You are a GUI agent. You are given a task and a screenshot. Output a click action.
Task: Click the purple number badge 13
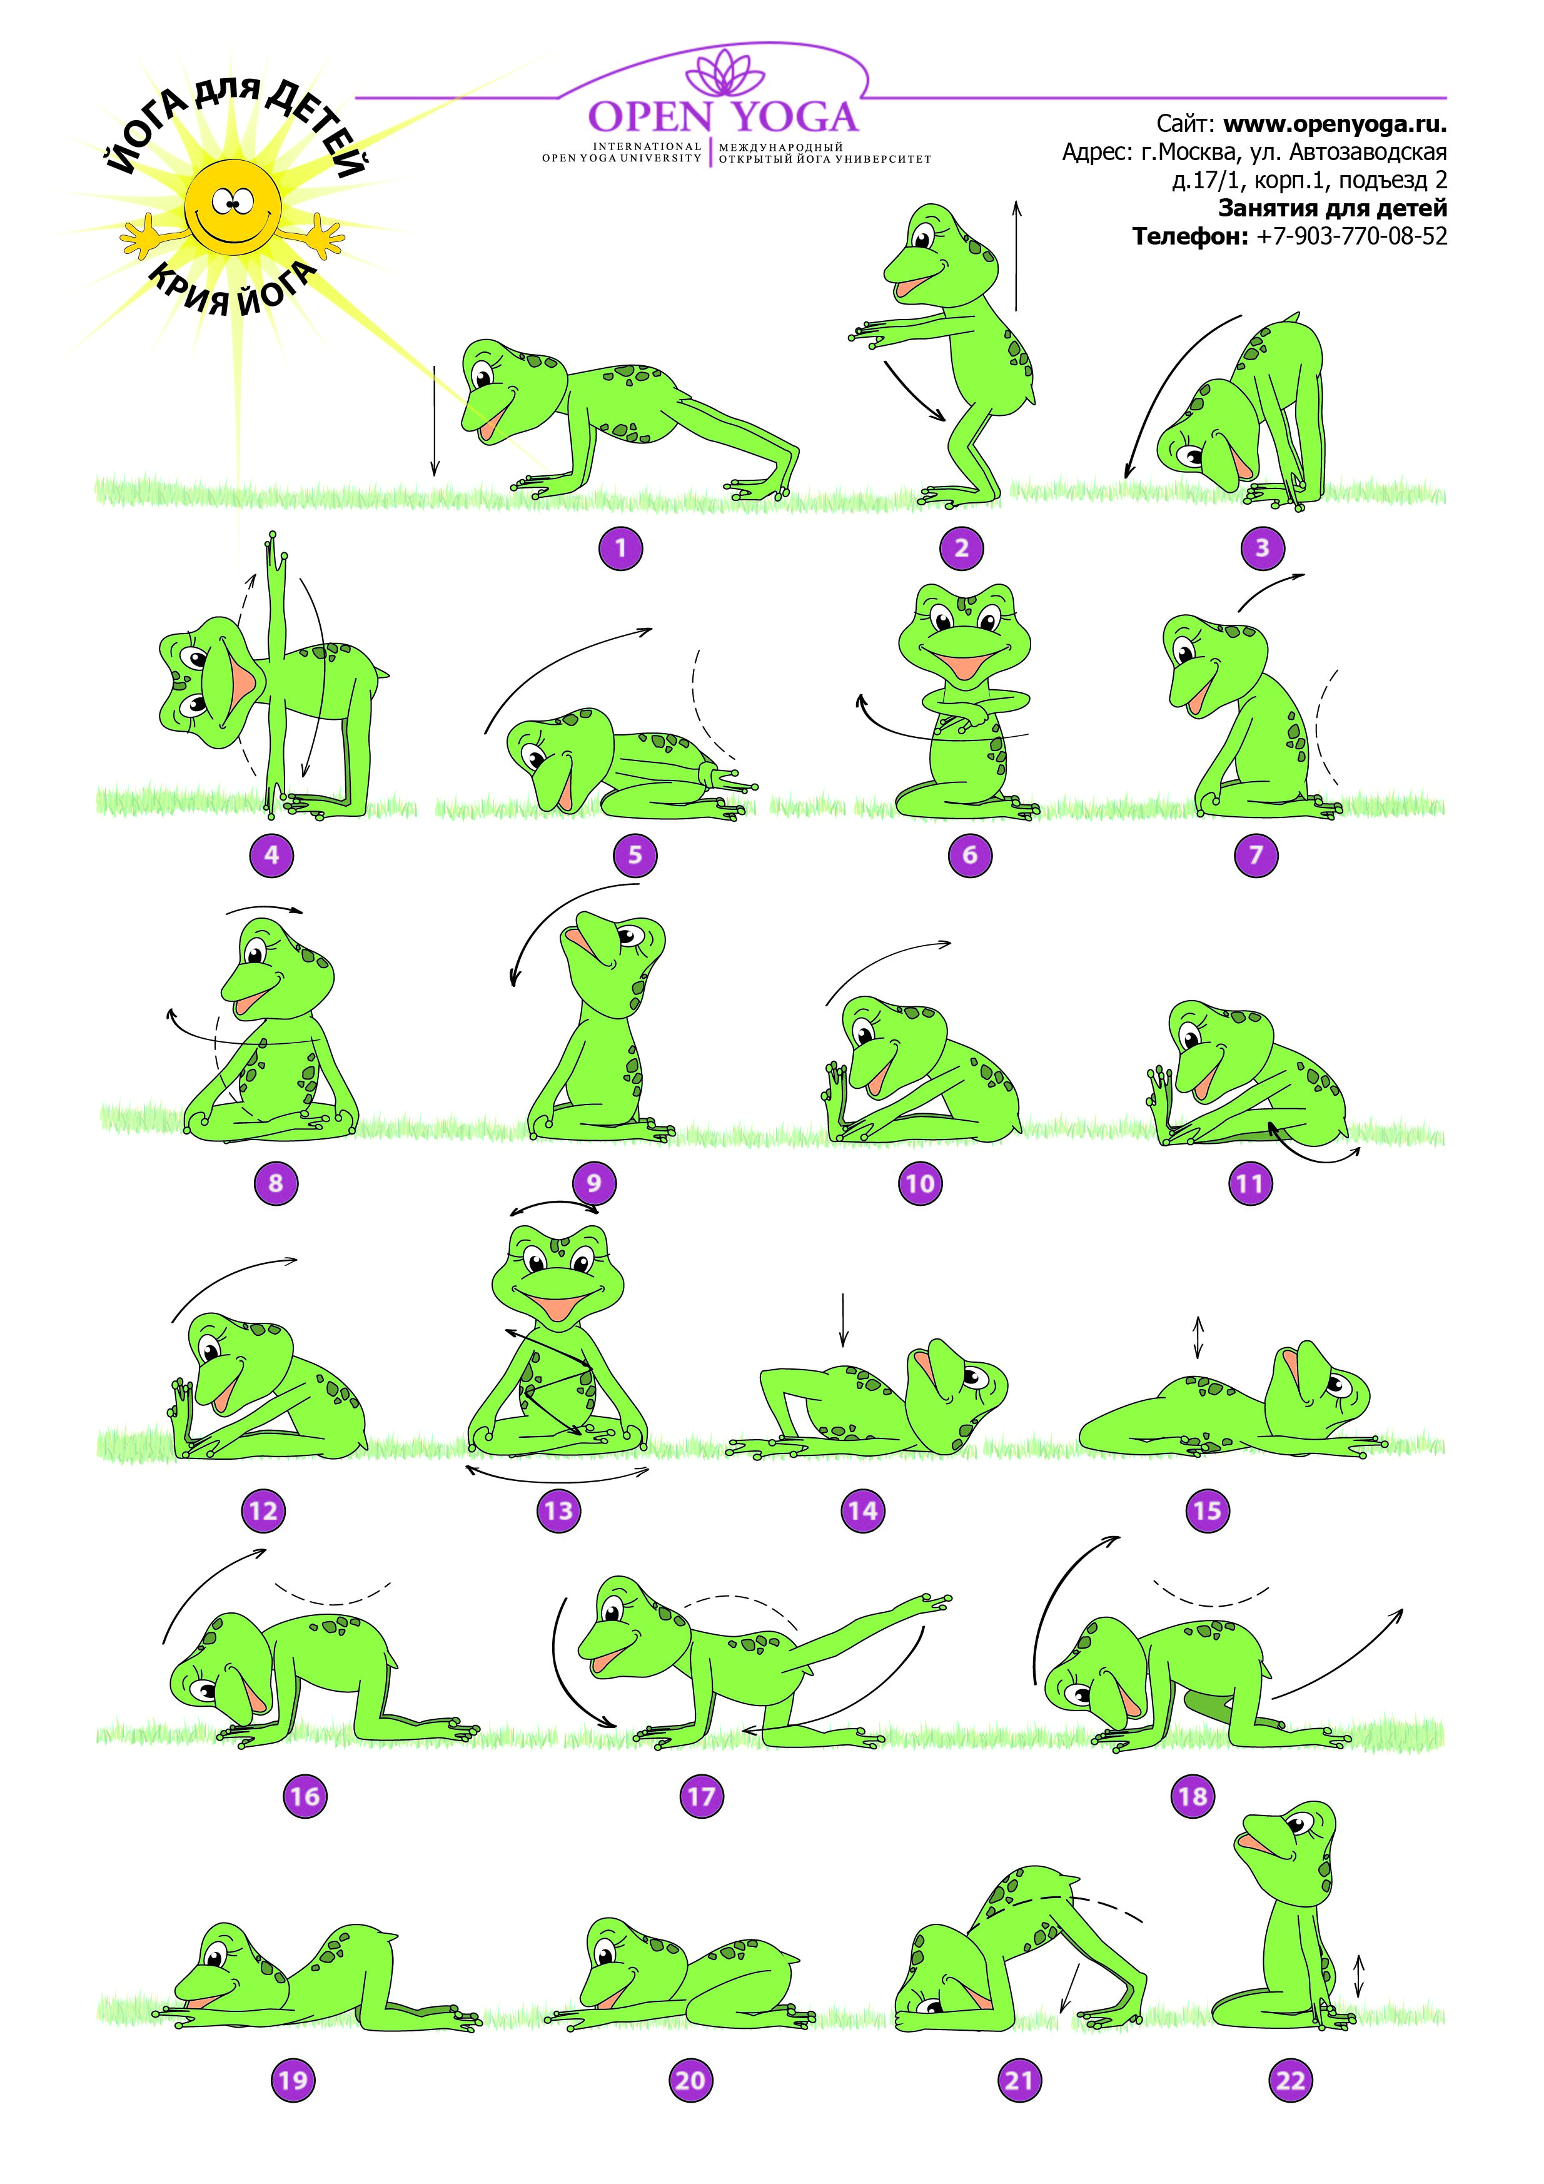[558, 1510]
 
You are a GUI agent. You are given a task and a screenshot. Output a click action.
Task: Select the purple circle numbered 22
[1290, 2080]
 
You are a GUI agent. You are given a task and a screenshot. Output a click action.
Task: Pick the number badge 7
[1256, 854]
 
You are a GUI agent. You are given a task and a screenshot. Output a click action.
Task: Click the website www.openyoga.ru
[1334, 124]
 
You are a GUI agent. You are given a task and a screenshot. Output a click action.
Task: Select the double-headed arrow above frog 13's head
[555, 1206]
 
